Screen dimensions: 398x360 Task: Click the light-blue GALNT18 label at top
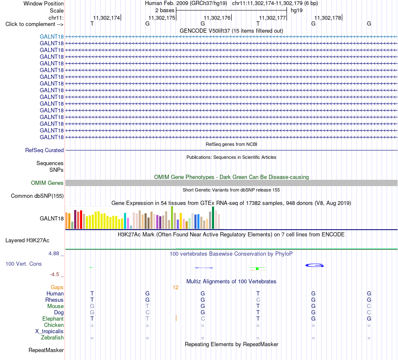52,36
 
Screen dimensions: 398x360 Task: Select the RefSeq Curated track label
44,150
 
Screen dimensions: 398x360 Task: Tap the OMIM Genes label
47,183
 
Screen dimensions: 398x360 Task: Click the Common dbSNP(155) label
37,196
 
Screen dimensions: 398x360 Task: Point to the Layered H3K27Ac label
27,241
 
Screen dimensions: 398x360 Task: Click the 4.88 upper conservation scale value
54,254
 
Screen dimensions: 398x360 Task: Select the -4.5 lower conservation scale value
54,275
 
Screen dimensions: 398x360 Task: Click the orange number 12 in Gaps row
176,287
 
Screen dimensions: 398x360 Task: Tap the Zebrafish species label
52,338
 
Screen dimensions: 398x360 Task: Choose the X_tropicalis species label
49,332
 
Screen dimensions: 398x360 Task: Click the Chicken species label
54,325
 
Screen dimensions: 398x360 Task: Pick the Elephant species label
53,319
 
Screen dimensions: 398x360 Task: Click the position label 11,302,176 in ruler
217,18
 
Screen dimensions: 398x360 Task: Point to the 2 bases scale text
165,10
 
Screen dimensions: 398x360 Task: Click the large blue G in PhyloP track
314,266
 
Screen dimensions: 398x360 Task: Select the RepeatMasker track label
46,350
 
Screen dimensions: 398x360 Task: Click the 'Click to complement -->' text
34,24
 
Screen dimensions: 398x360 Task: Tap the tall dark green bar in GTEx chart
213,218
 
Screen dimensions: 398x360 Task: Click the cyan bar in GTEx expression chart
125,221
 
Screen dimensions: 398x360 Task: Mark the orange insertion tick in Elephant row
176,318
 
